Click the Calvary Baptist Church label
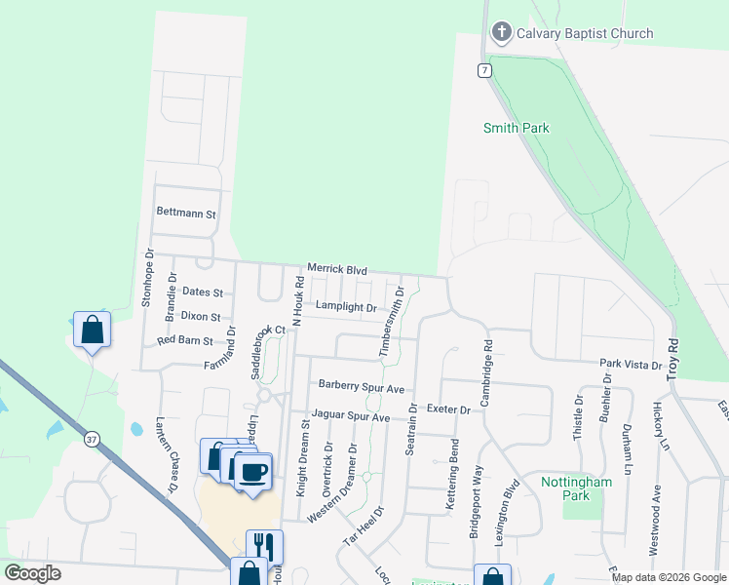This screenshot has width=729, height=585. click(x=585, y=33)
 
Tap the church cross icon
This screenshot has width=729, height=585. click(x=502, y=33)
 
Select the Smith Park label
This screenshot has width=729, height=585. click(x=517, y=128)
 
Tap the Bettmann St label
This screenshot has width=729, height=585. click(x=185, y=213)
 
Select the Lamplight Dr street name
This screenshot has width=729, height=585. click(x=346, y=307)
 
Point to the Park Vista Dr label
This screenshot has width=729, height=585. click(x=631, y=364)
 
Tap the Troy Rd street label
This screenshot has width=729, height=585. click(x=671, y=360)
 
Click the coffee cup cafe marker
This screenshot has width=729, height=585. click(x=253, y=472)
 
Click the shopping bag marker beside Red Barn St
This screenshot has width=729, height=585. click(x=92, y=330)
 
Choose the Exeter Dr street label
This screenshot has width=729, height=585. click(x=448, y=410)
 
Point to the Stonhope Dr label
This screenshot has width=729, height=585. click(x=148, y=278)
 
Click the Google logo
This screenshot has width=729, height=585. click(x=33, y=573)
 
